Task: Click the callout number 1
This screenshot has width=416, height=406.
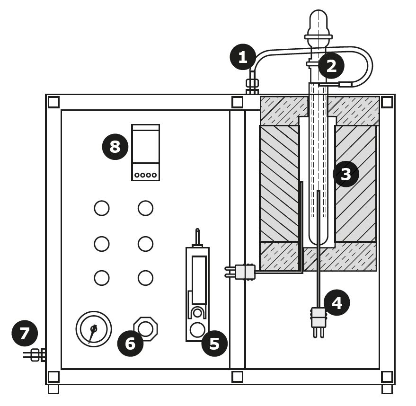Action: pyautogui.click(x=243, y=57)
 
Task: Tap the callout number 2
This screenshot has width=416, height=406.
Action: pyautogui.click(x=331, y=66)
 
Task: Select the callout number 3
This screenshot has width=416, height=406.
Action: pyautogui.click(x=346, y=174)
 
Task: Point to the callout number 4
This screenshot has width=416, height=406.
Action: pyautogui.click(x=336, y=303)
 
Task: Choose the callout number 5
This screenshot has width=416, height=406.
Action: pyautogui.click(x=214, y=344)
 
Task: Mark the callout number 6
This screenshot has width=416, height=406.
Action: pyautogui.click(x=130, y=344)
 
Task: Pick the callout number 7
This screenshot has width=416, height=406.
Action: pyautogui.click(x=25, y=334)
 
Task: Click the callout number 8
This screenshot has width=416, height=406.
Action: pyautogui.click(x=115, y=147)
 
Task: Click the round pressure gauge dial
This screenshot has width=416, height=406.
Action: pyautogui.click(x=94, y=329)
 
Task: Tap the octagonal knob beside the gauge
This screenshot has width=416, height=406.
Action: pyautogui.click(x=146, y=329)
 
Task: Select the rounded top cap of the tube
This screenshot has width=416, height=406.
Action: pyautogui.click(x=319, y=21)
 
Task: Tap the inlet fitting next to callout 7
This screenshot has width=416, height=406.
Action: pyautogui.click(x=36, y=355)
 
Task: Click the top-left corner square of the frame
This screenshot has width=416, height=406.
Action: pyautogui.click(x=53, y=102)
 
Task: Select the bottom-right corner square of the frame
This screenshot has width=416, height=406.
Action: pyautogui.click(x=387, y=377)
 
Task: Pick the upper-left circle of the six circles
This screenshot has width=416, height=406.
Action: pyautogui.click(x=102, y=208)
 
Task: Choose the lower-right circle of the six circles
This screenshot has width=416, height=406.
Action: pyautogui.click(x=145, y=278)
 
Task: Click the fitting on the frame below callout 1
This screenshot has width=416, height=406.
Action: pyautogui.click(x=252, y=84)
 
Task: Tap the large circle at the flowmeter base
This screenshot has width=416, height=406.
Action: pyautogui.click(x=197, y=330)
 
